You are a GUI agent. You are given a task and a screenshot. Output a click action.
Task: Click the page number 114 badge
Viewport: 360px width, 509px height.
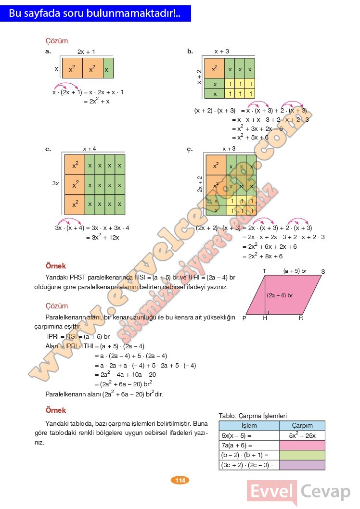coord(180,480)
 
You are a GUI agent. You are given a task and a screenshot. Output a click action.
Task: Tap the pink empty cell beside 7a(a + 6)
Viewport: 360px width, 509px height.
coord(302,445)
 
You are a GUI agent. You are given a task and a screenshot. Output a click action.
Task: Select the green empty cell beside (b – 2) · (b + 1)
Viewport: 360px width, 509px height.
coord(302,455)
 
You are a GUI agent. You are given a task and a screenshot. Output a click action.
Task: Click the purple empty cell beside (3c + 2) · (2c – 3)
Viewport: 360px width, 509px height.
coord(302,465)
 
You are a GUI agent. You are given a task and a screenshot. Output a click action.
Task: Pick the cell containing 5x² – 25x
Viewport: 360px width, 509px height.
coord(302,435)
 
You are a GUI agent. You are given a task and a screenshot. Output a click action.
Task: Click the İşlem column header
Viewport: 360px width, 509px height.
coord(249,426)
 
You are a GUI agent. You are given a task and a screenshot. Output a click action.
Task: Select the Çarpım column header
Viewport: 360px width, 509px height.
coord(302,426)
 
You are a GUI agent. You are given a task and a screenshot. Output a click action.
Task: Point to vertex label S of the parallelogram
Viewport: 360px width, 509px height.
coord(323,272)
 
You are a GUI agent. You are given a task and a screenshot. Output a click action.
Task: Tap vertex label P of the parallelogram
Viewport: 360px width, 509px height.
coord(244,318)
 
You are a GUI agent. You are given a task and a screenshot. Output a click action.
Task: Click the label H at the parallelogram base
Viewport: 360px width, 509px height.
coord(265,318)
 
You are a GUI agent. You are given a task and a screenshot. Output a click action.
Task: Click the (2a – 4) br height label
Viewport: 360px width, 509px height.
coord(280,295)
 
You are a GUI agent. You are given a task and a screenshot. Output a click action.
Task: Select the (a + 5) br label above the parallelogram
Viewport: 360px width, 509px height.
coord(295,271)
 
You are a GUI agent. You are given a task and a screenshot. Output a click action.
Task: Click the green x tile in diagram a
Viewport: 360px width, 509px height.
coord(108,69)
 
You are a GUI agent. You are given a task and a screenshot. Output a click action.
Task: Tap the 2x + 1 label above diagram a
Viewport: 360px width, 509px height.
coord(86,51)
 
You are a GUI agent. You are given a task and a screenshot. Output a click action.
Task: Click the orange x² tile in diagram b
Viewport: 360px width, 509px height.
coord(215,69)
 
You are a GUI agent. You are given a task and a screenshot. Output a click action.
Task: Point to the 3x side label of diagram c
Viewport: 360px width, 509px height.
coord(56,183)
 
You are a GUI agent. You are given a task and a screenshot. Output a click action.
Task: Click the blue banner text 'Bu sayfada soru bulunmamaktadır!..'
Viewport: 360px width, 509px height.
coord(95,14)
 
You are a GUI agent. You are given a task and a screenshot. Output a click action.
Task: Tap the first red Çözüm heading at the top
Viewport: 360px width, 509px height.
coord(56,41)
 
